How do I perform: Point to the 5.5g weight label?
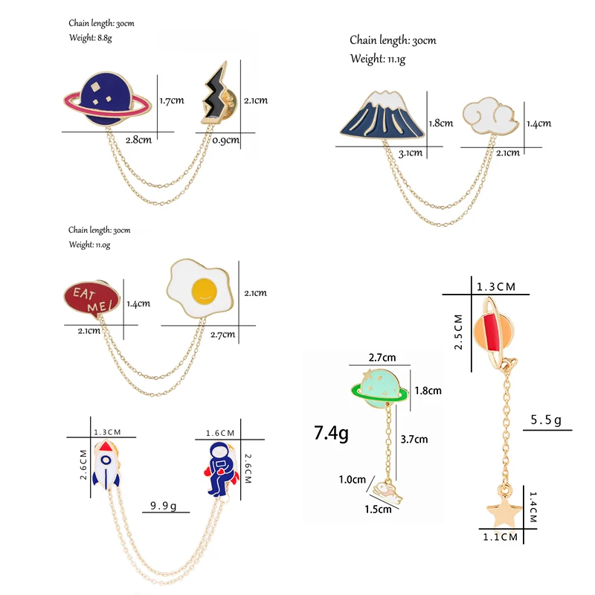click(546, 421)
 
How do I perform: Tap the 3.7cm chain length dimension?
click(414, 439)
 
